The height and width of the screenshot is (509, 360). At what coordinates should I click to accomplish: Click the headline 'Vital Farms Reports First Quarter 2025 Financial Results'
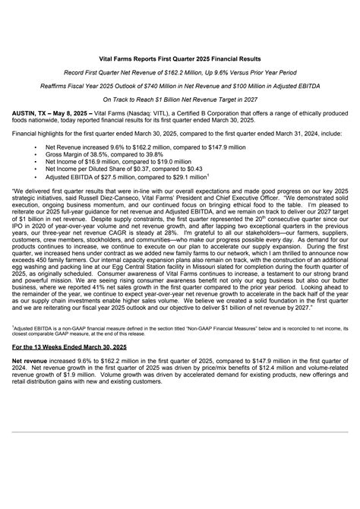[180, 58]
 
